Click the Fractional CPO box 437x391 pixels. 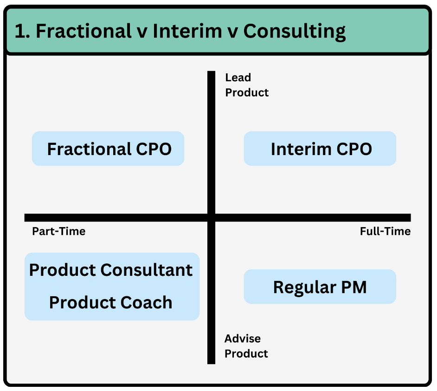[108, 149]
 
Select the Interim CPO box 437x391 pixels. [320, 149]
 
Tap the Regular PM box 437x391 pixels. [320, 287]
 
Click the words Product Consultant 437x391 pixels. [111, 270]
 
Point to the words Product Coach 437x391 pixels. [111, 302]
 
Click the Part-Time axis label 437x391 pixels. [59, 231]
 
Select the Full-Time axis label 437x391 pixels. [385, 231]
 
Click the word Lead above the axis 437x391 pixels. [238, 78]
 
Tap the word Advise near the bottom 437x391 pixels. [243, 339]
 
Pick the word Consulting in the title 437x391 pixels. [295, 32]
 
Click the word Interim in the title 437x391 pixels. [187, 31]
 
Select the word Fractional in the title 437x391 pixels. [84, 31]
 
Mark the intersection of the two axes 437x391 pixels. [211, 218]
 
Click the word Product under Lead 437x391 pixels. [247, 92]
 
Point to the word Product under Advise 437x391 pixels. [246, 354]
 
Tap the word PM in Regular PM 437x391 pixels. [354, 287]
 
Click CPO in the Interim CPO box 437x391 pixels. [354, 149]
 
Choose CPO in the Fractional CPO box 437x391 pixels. [154, 149]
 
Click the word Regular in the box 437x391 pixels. [305, 288]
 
